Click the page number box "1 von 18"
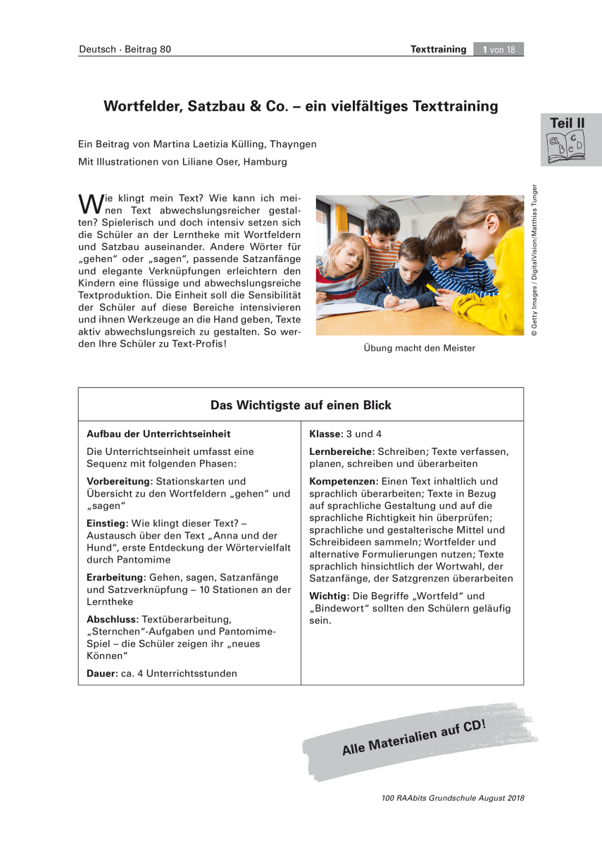tap(498, 49)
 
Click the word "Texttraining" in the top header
tap(438, 49)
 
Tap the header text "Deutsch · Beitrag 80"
tap(125, 49)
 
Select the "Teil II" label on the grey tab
tap(567, 123)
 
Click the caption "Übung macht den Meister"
tap(420, 348)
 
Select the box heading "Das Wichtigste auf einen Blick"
tap(301, 405)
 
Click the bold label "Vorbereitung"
tap(118, 481)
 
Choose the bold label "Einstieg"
tap(106, 524)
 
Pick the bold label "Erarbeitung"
tap(116, 577)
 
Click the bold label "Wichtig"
tap(329, 596)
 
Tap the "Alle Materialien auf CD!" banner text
tap(414, 737)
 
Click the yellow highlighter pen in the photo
tap(431, 287)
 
